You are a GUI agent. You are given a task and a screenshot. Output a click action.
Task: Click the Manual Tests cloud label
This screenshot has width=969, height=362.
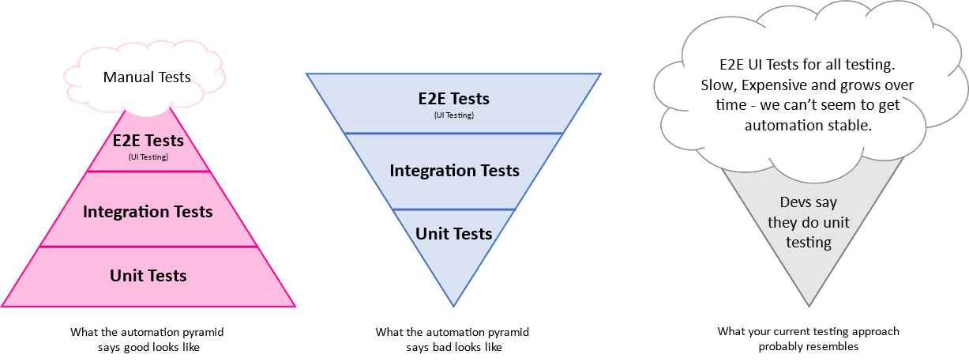(147, 77)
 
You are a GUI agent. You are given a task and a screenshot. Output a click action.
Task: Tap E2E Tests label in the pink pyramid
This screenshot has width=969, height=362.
(148, 141)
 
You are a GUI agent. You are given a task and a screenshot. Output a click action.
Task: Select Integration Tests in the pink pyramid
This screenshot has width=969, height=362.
(148, 212)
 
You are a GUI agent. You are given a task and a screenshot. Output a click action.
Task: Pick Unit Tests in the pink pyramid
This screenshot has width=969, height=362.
(148, 276)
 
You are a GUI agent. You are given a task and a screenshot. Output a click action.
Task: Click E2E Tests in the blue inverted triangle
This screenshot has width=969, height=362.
(453, 99)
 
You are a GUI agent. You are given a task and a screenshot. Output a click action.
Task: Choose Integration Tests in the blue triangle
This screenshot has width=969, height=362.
(454, 171)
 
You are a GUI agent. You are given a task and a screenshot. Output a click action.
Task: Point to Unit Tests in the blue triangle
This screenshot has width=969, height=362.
(454, 234)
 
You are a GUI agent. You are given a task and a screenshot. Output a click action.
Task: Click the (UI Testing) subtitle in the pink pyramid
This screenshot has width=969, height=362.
(148, 156)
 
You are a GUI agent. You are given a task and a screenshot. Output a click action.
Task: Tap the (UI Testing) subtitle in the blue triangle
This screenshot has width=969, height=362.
(453, 115)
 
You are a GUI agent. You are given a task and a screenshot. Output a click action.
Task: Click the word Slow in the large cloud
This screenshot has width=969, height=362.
(717, 85)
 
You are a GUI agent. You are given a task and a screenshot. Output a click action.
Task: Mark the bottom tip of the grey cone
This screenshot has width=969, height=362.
(809, 305)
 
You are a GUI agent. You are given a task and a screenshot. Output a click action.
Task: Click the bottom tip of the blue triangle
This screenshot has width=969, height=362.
(454, 305)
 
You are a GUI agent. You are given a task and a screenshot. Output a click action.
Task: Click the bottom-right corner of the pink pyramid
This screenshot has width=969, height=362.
(295, 306)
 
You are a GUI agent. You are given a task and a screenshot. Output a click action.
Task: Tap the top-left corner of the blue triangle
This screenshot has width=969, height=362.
(308, 74)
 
